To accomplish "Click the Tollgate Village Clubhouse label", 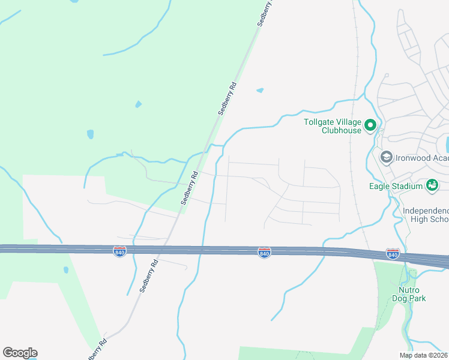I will pos(333,125).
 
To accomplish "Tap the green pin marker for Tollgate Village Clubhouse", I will pos(370,126).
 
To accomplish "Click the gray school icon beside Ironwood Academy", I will pos(386,157).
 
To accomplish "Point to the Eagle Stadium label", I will pos(396,186).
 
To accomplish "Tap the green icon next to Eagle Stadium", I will pos(432,186).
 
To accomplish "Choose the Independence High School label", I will pos(426,215).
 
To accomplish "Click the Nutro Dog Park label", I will pos(409,293).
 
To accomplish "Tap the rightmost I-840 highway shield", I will pos(393,254).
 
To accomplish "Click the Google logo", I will pos(20,353).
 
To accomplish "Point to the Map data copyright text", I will pos(424,355).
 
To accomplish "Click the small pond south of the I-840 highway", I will pos(65,270).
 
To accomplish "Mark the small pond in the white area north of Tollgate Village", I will pos(260,91).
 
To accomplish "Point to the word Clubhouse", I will pos(342,130).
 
